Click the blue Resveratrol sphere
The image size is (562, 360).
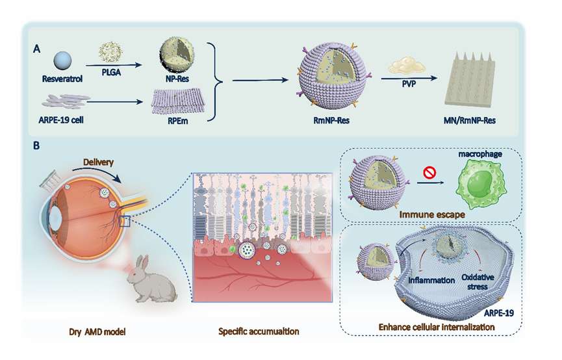pos(64,60)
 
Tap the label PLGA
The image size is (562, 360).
pos(111,73)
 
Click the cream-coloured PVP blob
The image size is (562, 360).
pos(403,65)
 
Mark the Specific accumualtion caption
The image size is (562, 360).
pos(259,332)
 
